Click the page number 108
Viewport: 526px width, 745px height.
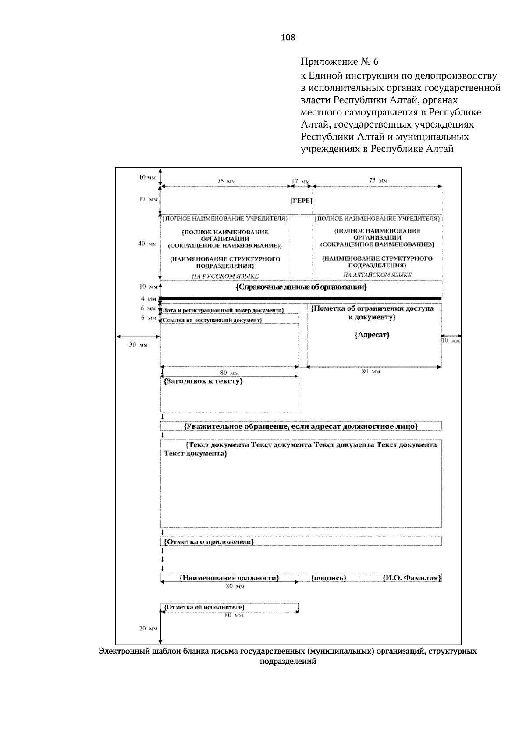tap(288, 38)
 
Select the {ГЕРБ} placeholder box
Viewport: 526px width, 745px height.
tap(301, 201)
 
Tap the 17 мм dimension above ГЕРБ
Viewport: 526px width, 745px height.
tap(301, 181)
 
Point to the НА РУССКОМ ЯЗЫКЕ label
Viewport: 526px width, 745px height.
tap(225, 276)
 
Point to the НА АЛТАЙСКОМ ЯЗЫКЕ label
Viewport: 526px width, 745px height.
tap(377, 275)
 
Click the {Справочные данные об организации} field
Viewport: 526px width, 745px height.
tap(301, 287)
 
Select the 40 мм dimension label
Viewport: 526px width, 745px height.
tap(148, 244)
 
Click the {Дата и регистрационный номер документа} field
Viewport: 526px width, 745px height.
tap(223, 311)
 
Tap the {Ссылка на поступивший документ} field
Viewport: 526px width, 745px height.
tap(212, 320)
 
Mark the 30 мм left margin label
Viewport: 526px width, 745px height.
tap(138, 345)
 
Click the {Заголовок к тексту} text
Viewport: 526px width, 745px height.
tap(203, 381)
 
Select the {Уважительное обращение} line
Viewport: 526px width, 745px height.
tap(301, 426)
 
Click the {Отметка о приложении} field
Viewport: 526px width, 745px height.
tap(209, 541)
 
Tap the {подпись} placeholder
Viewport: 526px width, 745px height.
tap(329, 578)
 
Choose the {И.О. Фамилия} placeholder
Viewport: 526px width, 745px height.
tap(411, 578)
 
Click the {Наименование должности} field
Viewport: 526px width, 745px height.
tap(229, 578)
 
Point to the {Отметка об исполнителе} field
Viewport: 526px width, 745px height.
tap(204, 607)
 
